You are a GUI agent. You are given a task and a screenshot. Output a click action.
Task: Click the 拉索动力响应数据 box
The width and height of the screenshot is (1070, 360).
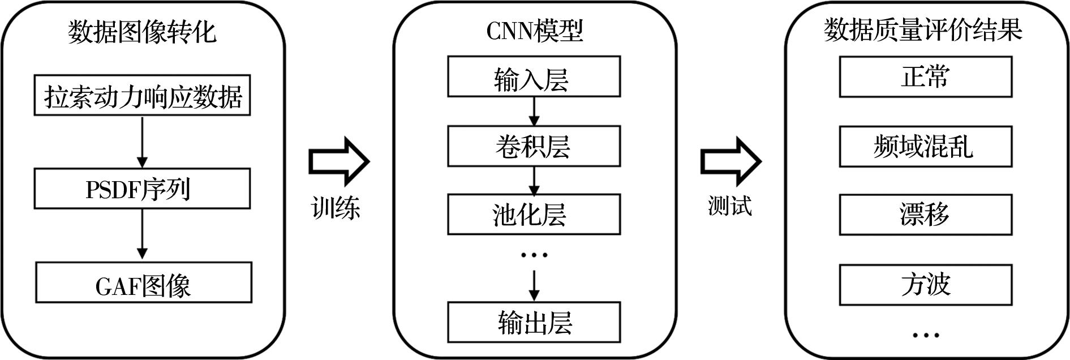142,95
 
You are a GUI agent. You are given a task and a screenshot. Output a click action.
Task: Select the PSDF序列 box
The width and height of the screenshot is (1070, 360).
142,188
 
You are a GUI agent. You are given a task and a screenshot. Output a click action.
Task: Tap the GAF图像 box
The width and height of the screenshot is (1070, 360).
144,282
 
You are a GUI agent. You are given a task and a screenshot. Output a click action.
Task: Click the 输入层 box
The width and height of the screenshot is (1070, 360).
534,76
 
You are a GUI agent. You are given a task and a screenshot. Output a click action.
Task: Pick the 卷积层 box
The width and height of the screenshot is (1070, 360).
534,146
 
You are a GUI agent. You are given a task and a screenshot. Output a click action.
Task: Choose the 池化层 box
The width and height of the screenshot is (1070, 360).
534,214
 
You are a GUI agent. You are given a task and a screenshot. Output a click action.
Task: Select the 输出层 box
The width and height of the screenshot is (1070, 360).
534,322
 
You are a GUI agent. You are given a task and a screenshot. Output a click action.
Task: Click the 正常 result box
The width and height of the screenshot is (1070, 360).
925,76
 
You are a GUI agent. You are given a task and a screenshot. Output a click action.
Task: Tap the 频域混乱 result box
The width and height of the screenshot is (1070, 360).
925,147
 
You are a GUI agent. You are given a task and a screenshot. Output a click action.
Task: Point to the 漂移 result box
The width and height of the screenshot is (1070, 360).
925,215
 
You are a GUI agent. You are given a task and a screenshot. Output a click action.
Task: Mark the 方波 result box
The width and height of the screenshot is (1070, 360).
925,285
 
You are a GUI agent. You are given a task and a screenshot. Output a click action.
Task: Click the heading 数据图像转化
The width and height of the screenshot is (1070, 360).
142,32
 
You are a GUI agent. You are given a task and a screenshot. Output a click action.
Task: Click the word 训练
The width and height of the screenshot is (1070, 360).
336,208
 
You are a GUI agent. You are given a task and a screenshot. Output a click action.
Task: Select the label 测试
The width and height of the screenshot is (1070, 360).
730,205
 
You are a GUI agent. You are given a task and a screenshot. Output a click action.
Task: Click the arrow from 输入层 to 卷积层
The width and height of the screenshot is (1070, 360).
534,112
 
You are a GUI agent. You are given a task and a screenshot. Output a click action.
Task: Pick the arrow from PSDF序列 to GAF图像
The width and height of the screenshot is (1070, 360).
142,235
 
